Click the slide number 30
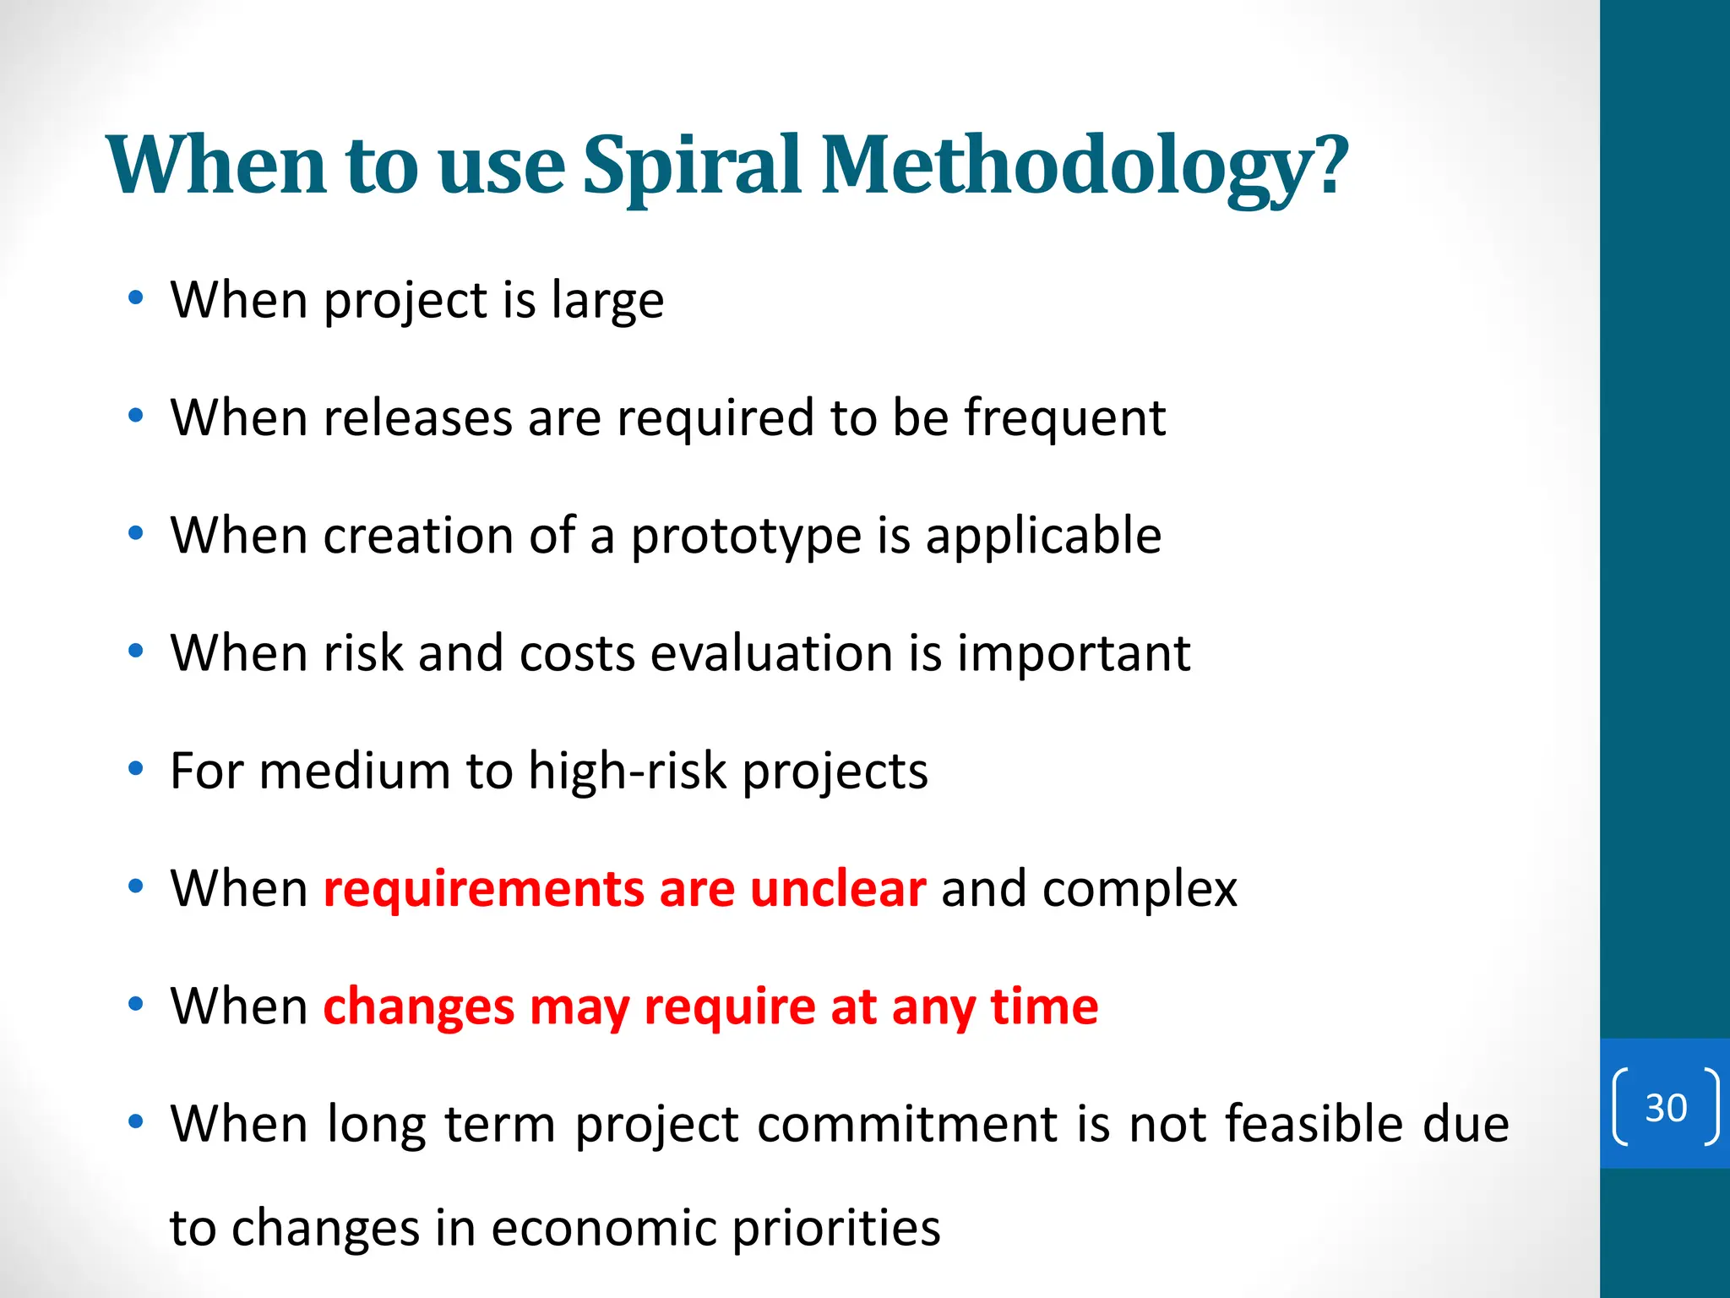coord(1665,1108)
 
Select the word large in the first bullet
coord(607,301)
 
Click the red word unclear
coord(837,889)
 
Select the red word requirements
coord(483,889)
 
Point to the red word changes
coord(418,1007)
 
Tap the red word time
coord(1044,1007)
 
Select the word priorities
coord(835,1228)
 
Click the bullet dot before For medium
coord(135,769)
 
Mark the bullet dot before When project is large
coord(135,298)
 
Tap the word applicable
coord(1043,537)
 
